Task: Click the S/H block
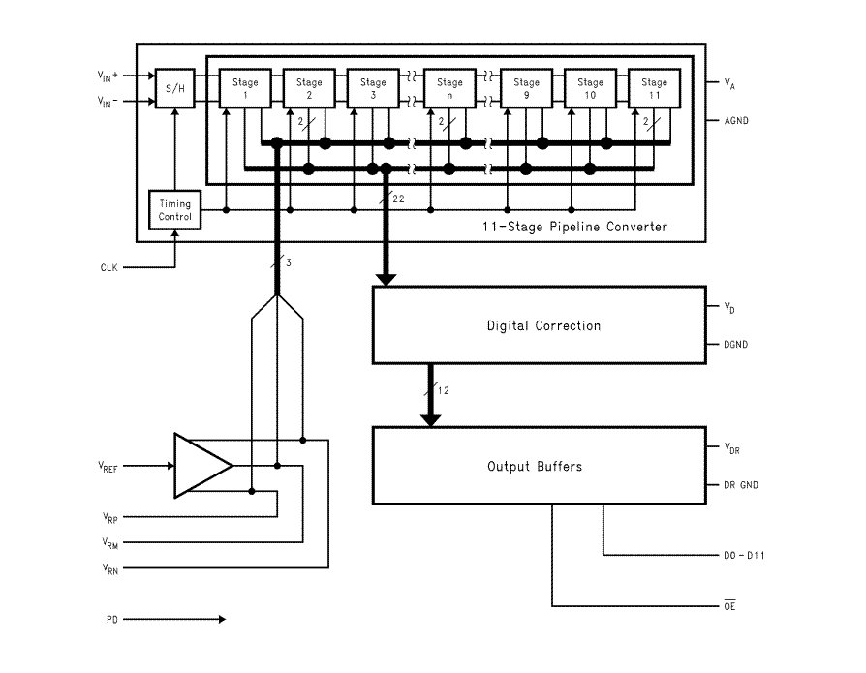coord(175,88)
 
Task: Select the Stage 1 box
coord(245,88)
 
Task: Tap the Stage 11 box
coord(655,88)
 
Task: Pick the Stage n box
coord(449,88)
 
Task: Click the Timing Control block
coord(175,210)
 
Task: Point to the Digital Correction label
coord(543,325)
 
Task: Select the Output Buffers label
coord(535,467)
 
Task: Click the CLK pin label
coord(108,268)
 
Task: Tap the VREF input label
coord(108,467)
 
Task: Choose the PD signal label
coord(112,620)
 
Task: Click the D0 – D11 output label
coord(744,555)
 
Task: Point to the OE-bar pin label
coord(729,605)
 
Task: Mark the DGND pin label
coord(735,345)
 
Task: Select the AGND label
coord(736,120)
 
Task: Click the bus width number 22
coord(398,199)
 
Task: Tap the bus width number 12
coord(443,391)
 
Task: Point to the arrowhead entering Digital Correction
coord(386,279)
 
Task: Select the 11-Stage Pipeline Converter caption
coord(574,227)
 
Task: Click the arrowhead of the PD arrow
coord(222,620)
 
